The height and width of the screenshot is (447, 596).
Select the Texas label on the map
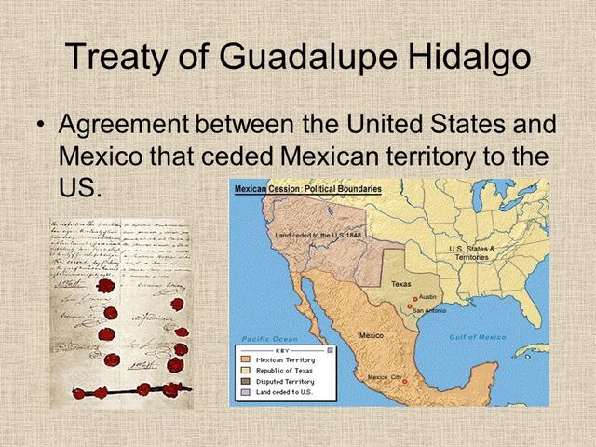click(401, 284)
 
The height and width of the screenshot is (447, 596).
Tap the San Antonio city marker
click(405, 305)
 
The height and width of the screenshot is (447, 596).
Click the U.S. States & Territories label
click(472, 252)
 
